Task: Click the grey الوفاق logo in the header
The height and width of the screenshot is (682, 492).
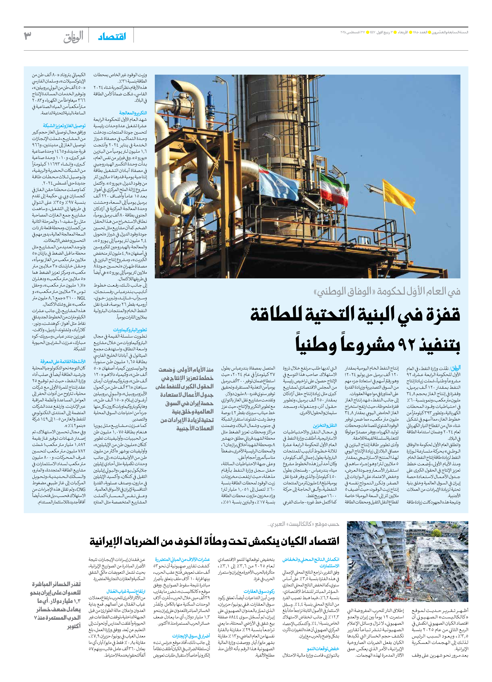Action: pos(73,37)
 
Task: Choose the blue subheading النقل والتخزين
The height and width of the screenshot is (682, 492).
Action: pos(325,426)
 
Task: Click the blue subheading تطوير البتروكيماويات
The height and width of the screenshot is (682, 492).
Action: pos(130,330)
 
